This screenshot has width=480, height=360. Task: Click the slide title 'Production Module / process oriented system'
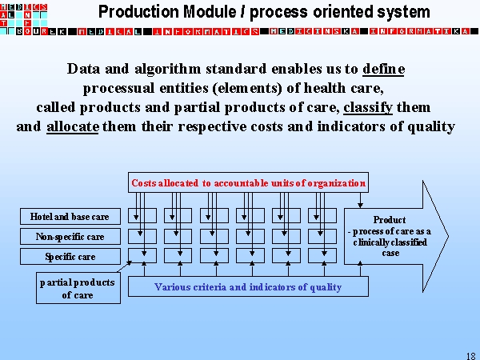tap(264, 12)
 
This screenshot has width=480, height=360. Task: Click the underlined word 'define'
tap(384, 69)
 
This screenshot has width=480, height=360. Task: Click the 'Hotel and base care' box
tap(70, 217)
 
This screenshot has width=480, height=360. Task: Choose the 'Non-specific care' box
tap(70, 237)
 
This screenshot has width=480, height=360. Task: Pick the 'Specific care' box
tap(70, 257)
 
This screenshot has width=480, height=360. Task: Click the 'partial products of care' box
tap(78, 289)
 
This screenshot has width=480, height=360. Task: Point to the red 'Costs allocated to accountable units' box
tap(248, 183)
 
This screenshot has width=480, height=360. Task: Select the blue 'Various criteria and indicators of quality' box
tap(248, 286)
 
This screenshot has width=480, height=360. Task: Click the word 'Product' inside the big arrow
tap(390, 220)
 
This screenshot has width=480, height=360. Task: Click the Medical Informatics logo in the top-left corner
tap(24, 17)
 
